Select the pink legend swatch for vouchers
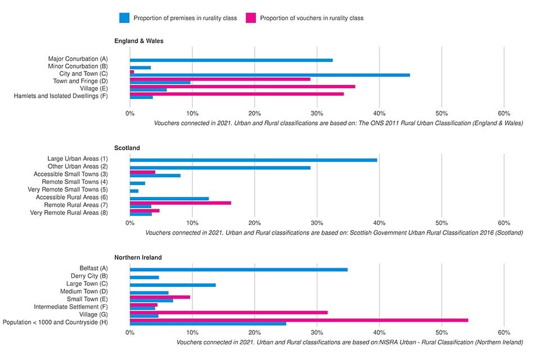(x=250, y=18)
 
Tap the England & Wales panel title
(x=139, y=41)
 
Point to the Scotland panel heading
(x=127, y=148)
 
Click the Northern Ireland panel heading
(x=138, y=257)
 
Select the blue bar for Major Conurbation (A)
(x=231, y=60)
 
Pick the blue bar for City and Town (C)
(x=269, y=75)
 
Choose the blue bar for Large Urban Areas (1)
(x=253, y=160)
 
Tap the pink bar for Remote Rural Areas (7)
(x=180, y=203)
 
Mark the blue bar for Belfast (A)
(x=238, y=269)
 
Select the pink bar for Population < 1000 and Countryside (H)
(x=299, y=320)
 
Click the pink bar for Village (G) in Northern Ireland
(x=228, y=312)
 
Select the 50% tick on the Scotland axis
(x=442, y=223)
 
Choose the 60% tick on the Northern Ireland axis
(x=503, y=332)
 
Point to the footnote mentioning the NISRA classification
(x=349, y=342)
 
